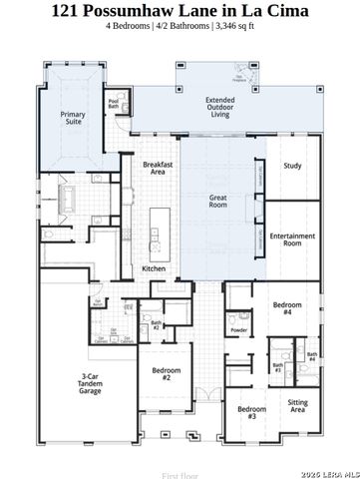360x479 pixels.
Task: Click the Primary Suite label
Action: pyautogui.click(x=72, y=118)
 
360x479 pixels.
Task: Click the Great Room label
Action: pyautogui.click(x=218, y=202)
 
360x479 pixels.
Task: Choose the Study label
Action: pyautogui.click(x=291, y=166)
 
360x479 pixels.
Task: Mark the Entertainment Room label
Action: pyautogui.click(x=293, y=239)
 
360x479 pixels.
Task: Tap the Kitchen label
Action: pyautogui.click(x=153, y=268)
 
